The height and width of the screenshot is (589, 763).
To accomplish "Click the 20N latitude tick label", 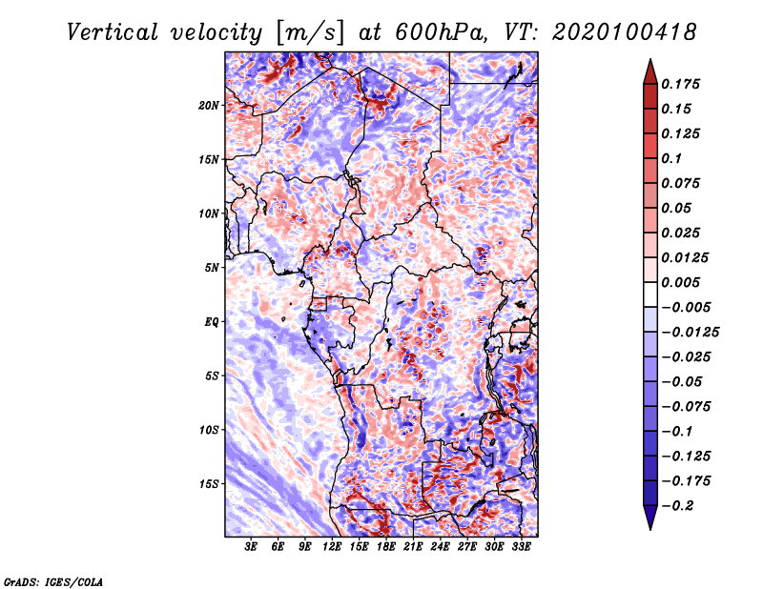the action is point(209,106).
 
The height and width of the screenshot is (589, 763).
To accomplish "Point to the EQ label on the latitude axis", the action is point(211,322).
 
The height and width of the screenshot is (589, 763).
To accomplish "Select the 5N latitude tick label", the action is point(212,268).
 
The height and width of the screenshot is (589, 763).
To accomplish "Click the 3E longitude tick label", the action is point(251,547).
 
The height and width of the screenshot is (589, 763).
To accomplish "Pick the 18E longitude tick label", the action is point(385,547).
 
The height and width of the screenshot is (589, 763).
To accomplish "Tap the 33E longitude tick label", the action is point(521,547).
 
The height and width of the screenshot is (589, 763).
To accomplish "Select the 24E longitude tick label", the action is point(440,547).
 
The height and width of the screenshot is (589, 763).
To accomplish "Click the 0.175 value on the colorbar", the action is point(680,84).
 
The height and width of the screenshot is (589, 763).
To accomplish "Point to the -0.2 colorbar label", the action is point(678,506).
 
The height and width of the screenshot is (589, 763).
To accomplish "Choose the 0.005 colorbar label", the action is point(680,282).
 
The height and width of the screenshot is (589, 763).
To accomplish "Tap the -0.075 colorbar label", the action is point(686,407).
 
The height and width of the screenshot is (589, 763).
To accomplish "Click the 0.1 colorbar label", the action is point(671,158).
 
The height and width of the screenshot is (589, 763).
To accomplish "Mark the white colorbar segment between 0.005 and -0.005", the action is point(650,294).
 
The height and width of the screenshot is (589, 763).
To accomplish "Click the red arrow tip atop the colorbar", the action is point(650,60).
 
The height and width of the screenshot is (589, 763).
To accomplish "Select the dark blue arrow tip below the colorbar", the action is point(650,528).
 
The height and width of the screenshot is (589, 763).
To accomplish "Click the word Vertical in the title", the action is point(113,32).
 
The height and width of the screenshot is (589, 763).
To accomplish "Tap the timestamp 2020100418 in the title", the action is point(625,32).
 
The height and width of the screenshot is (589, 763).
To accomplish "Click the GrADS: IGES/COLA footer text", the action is point(53,581).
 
